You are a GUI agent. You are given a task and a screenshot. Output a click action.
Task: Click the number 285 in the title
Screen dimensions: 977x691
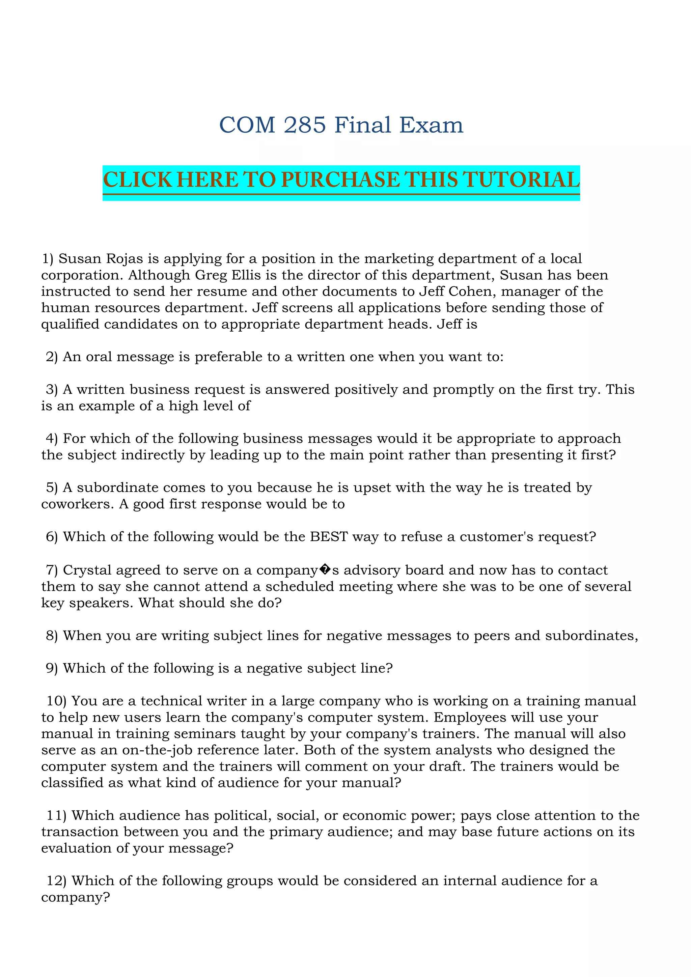(x=305, y=125)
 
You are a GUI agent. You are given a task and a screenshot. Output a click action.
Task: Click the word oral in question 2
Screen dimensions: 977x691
(x=99, y=357)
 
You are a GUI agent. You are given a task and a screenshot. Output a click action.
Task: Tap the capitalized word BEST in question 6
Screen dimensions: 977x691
(x=329, y=537)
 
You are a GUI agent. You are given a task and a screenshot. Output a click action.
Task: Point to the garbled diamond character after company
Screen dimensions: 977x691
(x=325, y=570)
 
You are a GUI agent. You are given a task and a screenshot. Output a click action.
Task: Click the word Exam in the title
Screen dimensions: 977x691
(x=431, y=125)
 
